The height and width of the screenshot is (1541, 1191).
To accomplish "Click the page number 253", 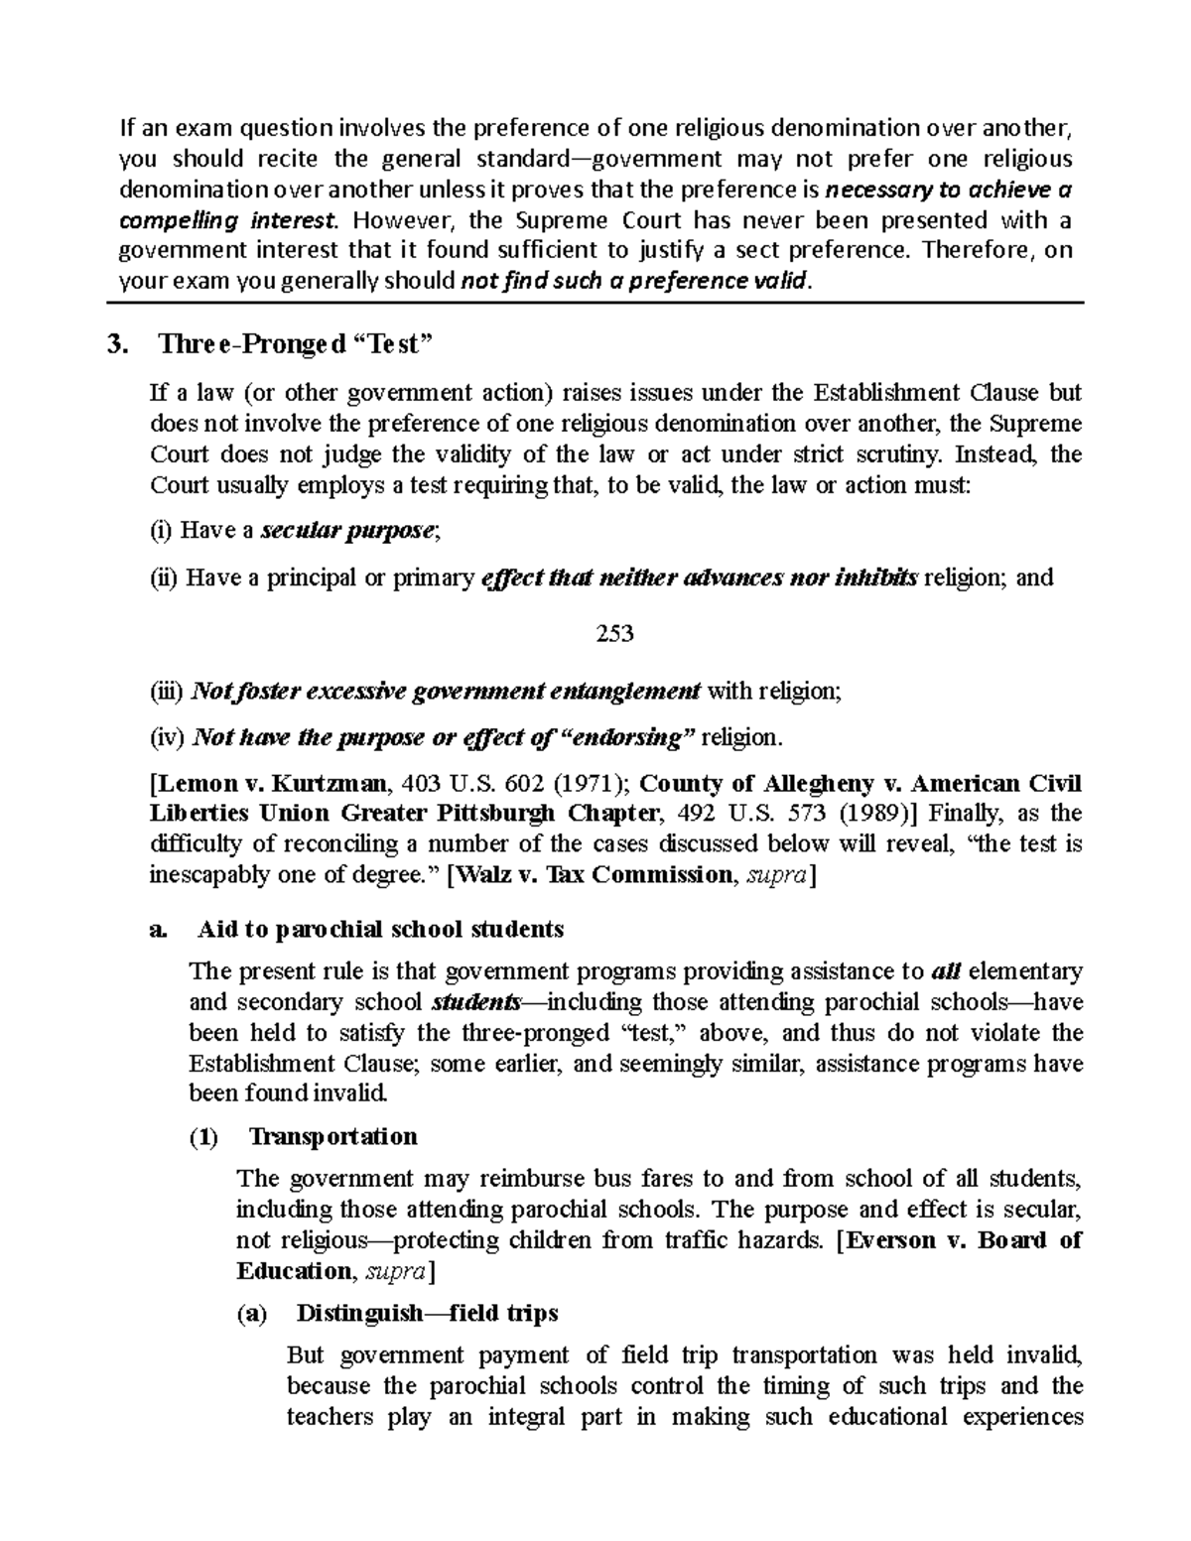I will click(614, 633).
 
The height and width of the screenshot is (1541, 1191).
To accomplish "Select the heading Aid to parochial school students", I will click(380, 929).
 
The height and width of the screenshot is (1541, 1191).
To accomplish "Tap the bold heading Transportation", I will click(332, 1136).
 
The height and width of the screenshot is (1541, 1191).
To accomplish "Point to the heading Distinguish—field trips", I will click(427, 1313).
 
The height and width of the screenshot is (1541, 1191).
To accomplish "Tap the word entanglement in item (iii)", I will click(634, 691).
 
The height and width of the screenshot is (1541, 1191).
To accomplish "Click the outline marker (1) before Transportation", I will click(203, 1137).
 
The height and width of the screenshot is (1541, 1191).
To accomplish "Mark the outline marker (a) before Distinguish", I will click(252, 1314).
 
